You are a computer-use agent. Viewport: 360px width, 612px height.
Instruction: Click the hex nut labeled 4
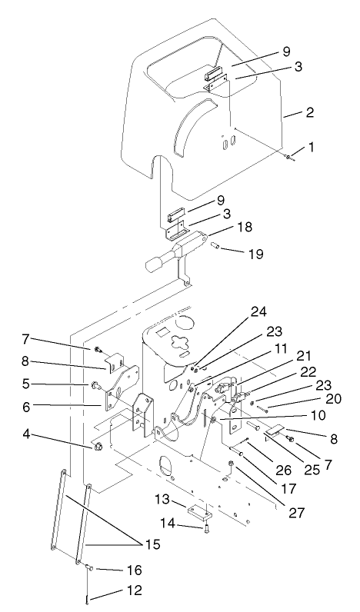(97, 446)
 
